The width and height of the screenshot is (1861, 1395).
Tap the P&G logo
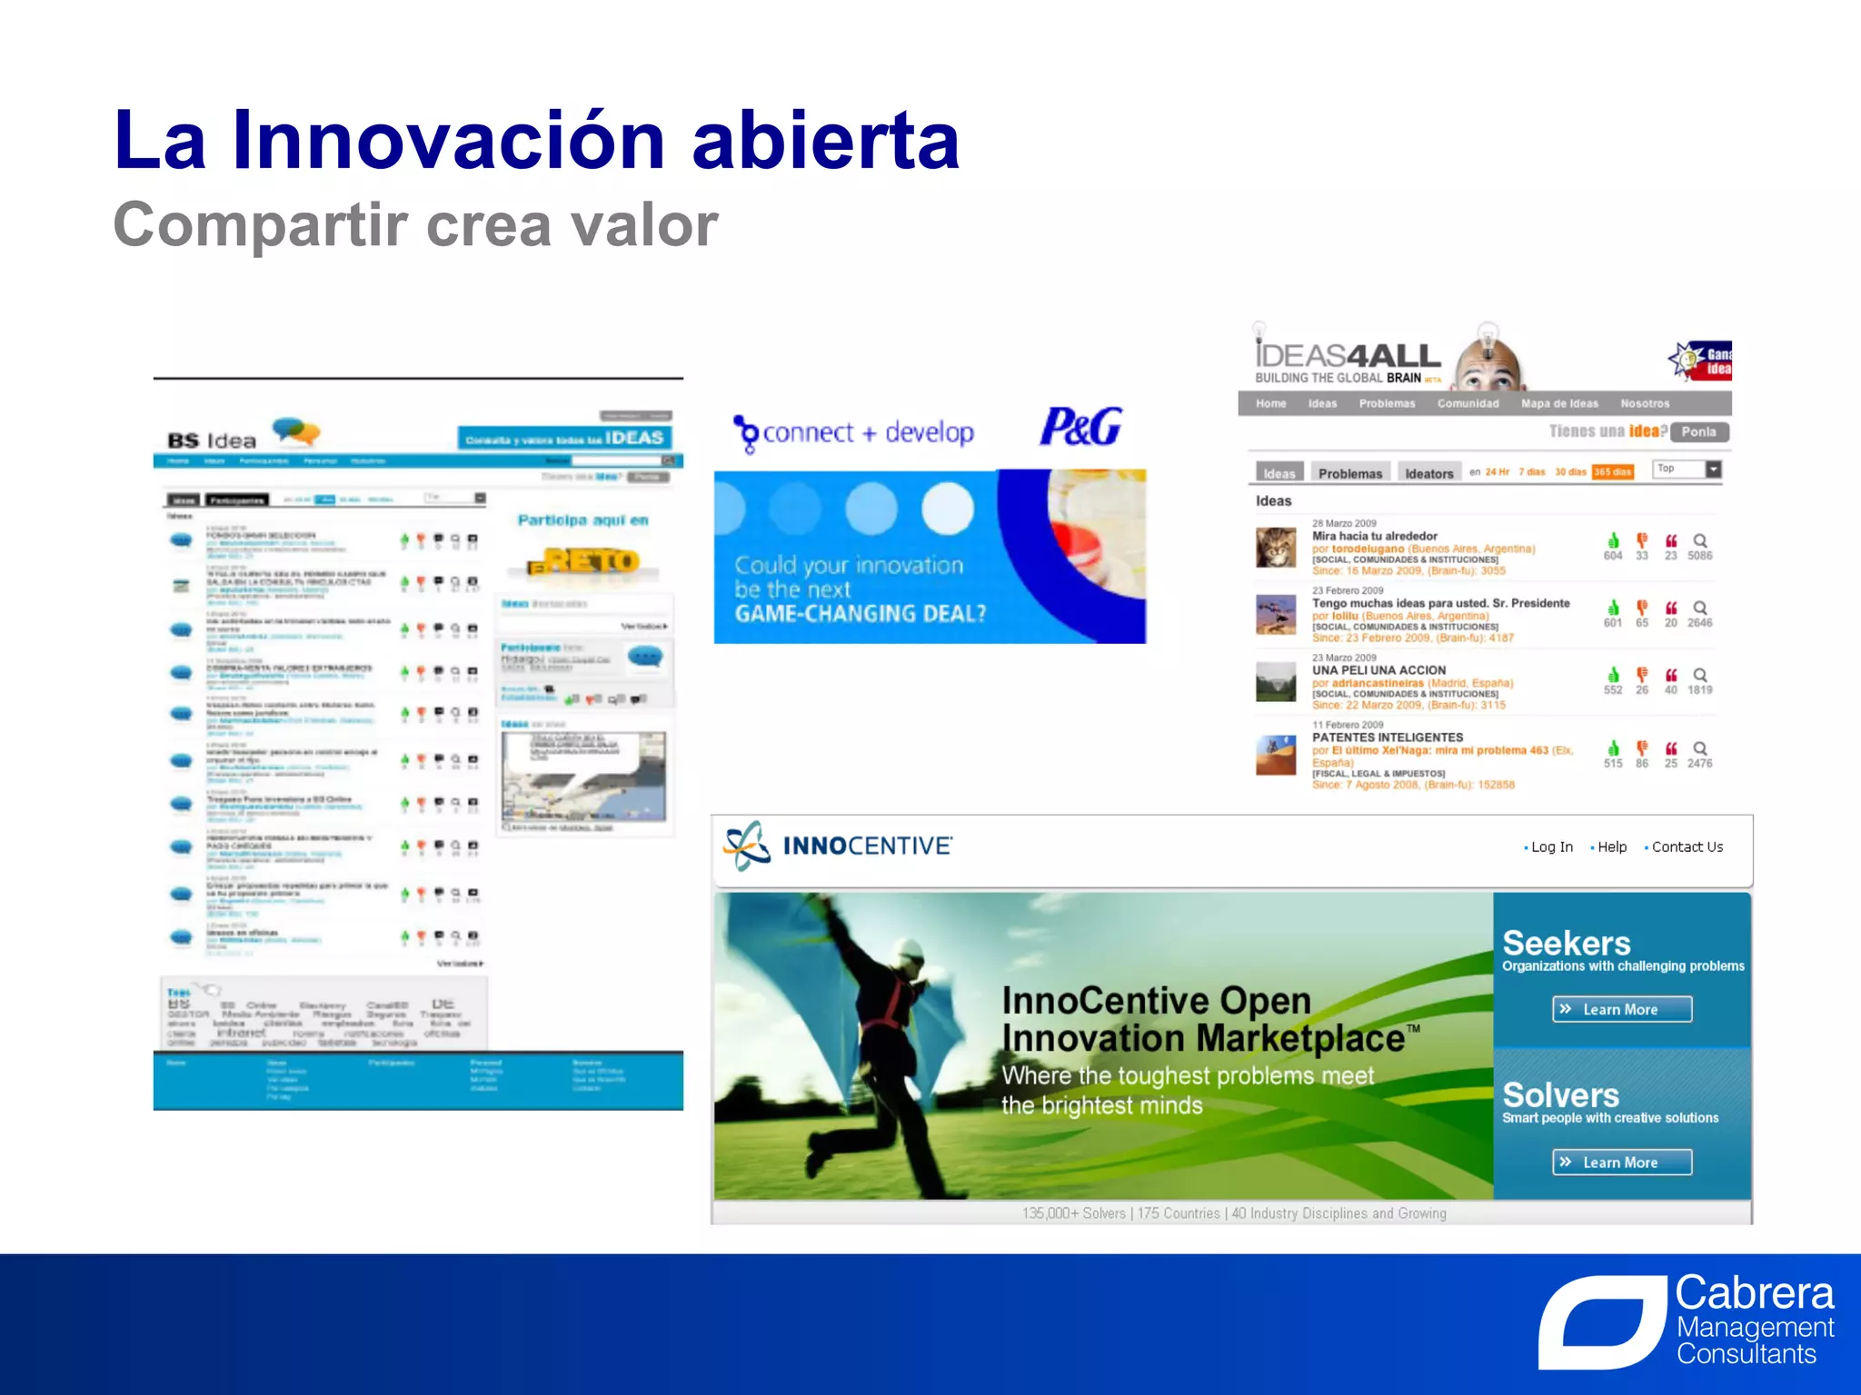(x=1080, y=427)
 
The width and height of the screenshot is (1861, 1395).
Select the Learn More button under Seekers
(x=1621, y=1009)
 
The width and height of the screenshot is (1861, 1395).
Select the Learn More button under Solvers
(x=1621, y=1162)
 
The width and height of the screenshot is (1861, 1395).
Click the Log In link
(x=1551, y=846)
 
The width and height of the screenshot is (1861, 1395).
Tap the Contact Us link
(x=1687, y=846)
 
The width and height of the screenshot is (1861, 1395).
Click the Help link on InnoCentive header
(x=1611, y=846)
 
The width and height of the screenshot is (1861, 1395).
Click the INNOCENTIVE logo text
(x=867, y=846)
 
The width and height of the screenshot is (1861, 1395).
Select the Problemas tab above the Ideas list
(x=1350, y=473)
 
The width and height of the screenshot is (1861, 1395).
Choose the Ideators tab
(x=1428, y=473)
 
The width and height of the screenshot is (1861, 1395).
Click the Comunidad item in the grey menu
(x=1468, y=403)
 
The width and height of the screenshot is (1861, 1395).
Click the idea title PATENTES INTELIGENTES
(x=1387, y=737)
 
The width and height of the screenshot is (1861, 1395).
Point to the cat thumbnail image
(x=1276, y=548)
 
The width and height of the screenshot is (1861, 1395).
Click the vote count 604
(x=1612, y=556)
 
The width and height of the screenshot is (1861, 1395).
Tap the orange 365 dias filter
(x=1612, y=471)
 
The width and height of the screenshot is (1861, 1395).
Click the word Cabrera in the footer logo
(x=1754, y=1293)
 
